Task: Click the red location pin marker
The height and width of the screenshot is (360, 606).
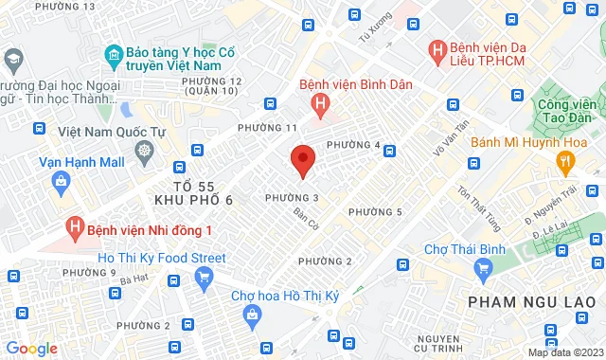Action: click(302, 159)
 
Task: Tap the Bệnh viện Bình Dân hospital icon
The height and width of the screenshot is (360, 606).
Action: click(322, 103)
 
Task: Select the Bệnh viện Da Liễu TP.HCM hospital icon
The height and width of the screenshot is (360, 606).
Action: click(437, 49)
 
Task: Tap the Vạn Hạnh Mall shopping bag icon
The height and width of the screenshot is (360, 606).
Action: click(61, 180)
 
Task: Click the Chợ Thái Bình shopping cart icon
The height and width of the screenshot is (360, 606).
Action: click(484, 268)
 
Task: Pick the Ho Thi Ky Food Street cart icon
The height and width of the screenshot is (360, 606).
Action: click(203, 277)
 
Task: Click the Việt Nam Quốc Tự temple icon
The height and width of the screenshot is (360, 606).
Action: click(144, 150)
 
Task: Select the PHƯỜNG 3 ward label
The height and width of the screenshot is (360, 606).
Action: click(292, 197)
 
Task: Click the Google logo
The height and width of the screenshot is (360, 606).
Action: click(30, 348)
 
